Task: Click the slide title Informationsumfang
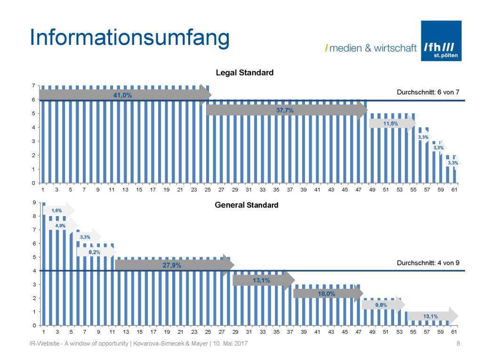tap(129, 38)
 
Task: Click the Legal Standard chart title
tap(244, 73)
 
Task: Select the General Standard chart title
tap(246, 205)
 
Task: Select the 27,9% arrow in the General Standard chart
tap(172, 265)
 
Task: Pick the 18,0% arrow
tap(327, 293)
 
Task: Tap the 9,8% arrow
tap(382, 304)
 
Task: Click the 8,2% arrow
tap(95, 252)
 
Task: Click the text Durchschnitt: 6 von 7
tap(428, 92)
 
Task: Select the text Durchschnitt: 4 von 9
tap(428, 263)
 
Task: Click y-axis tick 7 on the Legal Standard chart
tap(33, 86)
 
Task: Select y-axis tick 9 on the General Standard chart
tap(33, 203)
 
